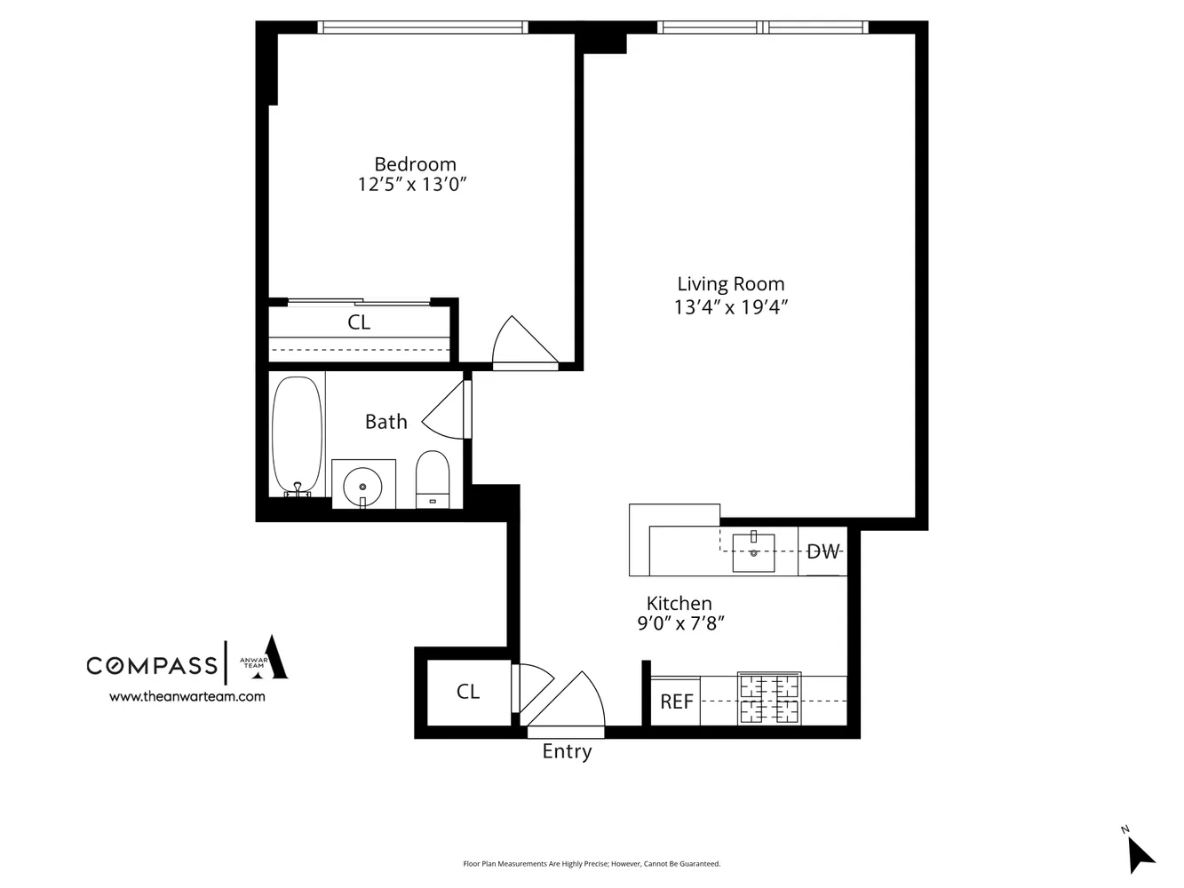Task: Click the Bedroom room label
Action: [x=415, y=164]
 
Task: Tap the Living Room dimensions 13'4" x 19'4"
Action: [x=731, y=307]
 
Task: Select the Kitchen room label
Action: [x=679, y=603]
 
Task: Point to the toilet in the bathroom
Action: [x=433, y=478]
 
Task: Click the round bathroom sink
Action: [x=362, y=486]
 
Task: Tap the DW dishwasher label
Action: [x=822, y=551]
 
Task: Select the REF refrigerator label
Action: [x=676, y=702]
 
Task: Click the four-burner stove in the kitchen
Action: [x=769, y=699]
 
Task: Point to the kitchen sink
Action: [x=753, y=551]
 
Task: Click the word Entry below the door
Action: [x=567, y=752]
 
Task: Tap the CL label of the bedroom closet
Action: [x=359, y=322]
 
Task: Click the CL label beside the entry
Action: [x=468, y=692]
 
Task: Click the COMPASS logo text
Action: [x=151, y=665]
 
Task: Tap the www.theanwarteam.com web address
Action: [x=187, y=697]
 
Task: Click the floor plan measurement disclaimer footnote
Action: [x=592, y=863]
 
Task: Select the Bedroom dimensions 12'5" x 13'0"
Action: [x=412, y=185]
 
